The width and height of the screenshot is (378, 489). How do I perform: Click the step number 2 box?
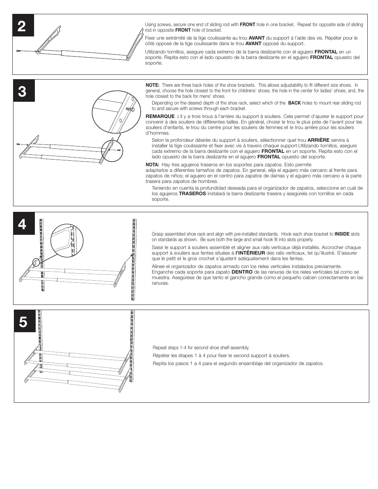pyautogui.click(x=23, y=27)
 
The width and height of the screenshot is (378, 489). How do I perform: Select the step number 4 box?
pyautogui.click(x=23, y=224)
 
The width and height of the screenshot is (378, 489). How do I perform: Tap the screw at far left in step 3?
pyautogui.click(x=19, y=144)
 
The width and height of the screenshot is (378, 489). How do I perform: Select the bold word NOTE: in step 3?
pyautogui.click(x=153, y=85)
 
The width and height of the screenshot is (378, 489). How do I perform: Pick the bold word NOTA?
pyautogui.click(x=152, y=165)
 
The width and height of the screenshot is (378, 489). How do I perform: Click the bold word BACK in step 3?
pyautogui.click(x=294, y=103)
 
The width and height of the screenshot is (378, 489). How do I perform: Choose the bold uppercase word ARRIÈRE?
pyautogui.click(x=318, y=140)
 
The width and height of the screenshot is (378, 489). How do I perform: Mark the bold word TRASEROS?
pyautogui.click(x=192, y=194)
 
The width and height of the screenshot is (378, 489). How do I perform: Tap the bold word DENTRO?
pyautogui.click(x=242, y=272)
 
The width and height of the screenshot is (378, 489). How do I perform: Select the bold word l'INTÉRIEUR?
pyautogui.click(x=250, y=253)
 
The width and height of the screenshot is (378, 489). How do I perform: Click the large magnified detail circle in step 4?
pyautogui.click(x=67, y=240)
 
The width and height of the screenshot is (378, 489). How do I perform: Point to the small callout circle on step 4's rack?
pyautogui.click(x=36, y=262)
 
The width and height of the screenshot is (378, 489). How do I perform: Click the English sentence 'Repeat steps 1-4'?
pyautogui.click(x=201, y=348)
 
